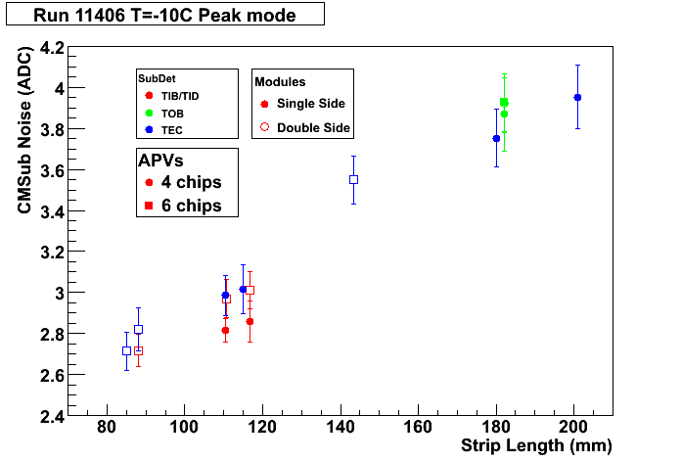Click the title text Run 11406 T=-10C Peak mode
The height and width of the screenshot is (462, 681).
(x=164, y=16)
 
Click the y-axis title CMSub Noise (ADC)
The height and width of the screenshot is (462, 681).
(x=24, y=130)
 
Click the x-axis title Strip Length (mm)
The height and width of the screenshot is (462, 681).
(x=536, y=446)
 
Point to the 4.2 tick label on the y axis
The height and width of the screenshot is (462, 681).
(x=52, y=48)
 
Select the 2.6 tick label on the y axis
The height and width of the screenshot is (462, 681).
(x=52, y=376)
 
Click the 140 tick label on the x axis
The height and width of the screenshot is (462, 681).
(x=340, y=427)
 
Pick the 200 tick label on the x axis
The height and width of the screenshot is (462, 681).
(x=573, y=427)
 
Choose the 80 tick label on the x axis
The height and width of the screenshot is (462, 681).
(x=107, y=427)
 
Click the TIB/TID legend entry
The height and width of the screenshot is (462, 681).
(x=172, y=96)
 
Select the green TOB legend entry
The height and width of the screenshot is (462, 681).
(x=164, y=114)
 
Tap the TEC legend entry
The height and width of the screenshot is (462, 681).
(x=163, y=130)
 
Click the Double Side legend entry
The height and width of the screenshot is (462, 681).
(x=305, y=127)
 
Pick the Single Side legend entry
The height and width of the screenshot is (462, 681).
(x=302, y=104)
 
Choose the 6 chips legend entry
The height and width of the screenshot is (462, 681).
(x=183, y=206)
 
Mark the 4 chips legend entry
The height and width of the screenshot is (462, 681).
(x=183, y=182)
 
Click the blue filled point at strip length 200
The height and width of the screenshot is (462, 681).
(x=577, y=97)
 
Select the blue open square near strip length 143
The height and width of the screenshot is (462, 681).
(x=353, y=179)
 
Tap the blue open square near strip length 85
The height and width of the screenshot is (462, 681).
(x=127, y=350)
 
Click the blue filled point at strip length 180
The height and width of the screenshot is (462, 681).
(x=496, y=139)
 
